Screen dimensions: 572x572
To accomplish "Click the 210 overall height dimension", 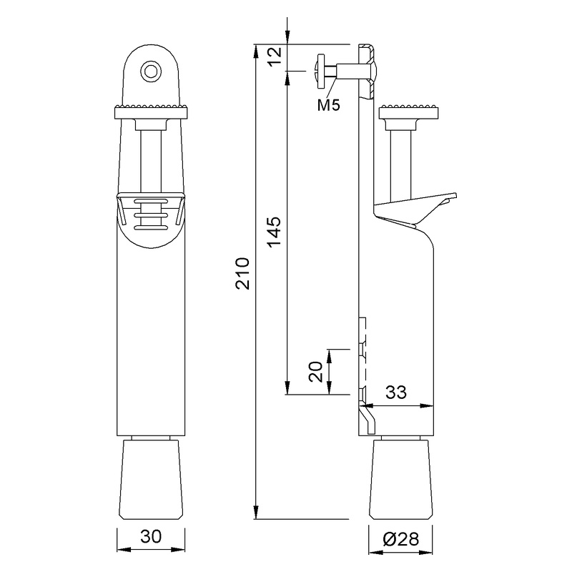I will [244, 272].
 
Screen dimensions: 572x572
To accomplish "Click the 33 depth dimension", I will [398, 393].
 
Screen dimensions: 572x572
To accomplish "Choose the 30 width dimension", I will [150, 537].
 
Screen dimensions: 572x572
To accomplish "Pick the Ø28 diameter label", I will [400, 538].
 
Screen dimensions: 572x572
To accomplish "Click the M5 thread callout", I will [328, 105].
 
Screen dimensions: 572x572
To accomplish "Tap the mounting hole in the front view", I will [150, 70].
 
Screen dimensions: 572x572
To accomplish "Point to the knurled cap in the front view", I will [150, 111].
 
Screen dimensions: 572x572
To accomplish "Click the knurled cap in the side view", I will [409, 111].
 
